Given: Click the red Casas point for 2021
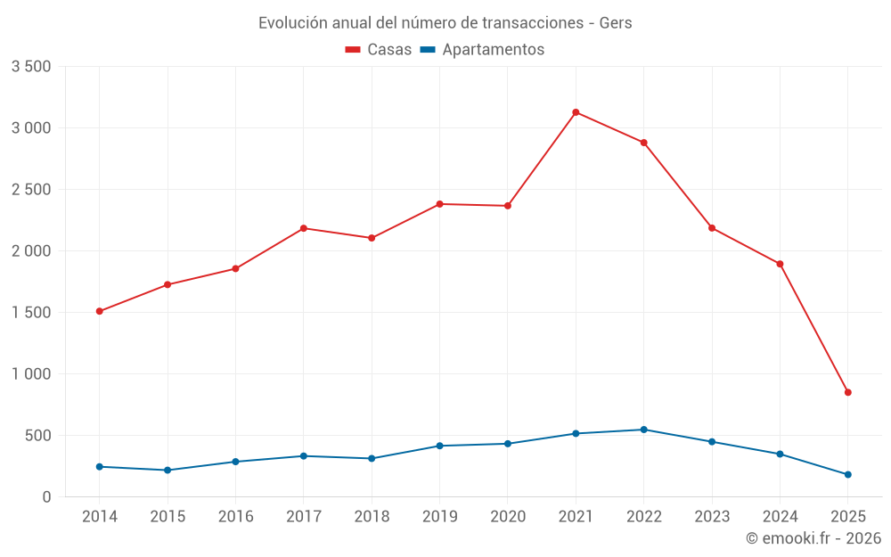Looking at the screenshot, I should tap(576, 112).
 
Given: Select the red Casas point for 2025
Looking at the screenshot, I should tap(848, 392).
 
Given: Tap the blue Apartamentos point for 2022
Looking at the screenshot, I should tap(644, 430).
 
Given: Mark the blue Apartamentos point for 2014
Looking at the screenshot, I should tap(99, 467).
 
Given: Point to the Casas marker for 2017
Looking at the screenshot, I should tap(304, 228).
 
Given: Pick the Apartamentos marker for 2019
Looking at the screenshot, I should tap(439, 446).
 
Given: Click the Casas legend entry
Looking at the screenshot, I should tap(379, 50).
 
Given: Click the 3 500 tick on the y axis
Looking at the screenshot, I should tap(31, 67).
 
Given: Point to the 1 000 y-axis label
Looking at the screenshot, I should tap(31, 374).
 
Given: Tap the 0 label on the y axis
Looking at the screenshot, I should tap(46, 497).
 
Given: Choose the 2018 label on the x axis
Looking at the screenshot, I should tap(372, 517).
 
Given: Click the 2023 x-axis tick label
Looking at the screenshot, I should tap(712, 517).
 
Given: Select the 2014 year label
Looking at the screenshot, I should tap(99, 517).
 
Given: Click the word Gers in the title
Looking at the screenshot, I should tap(615, 23).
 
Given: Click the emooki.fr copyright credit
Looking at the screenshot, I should tap(813, 538).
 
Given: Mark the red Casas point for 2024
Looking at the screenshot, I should tap(780, 264).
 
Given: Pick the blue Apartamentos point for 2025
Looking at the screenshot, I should tap(848, 475).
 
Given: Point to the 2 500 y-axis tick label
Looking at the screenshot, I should tap(31, 190).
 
